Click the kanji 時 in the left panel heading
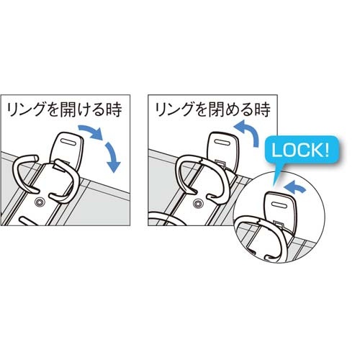[x=114, y=109]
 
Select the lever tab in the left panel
[x=67, y=148]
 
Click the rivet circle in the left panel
[x=39, y=203]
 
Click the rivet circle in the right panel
[x=199, y=204]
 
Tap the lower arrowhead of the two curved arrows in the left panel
[x=113, y=167]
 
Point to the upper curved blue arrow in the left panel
[x=91, y=132]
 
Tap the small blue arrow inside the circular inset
[x=294, y=186]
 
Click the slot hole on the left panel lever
[x=68, y=142]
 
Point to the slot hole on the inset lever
[x=280, y=204]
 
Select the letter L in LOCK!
[x=276, y=150]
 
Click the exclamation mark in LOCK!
[x=326, y=150]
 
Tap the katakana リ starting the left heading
[x=12, y=110]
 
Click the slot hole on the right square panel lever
[x=222, y=142]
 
